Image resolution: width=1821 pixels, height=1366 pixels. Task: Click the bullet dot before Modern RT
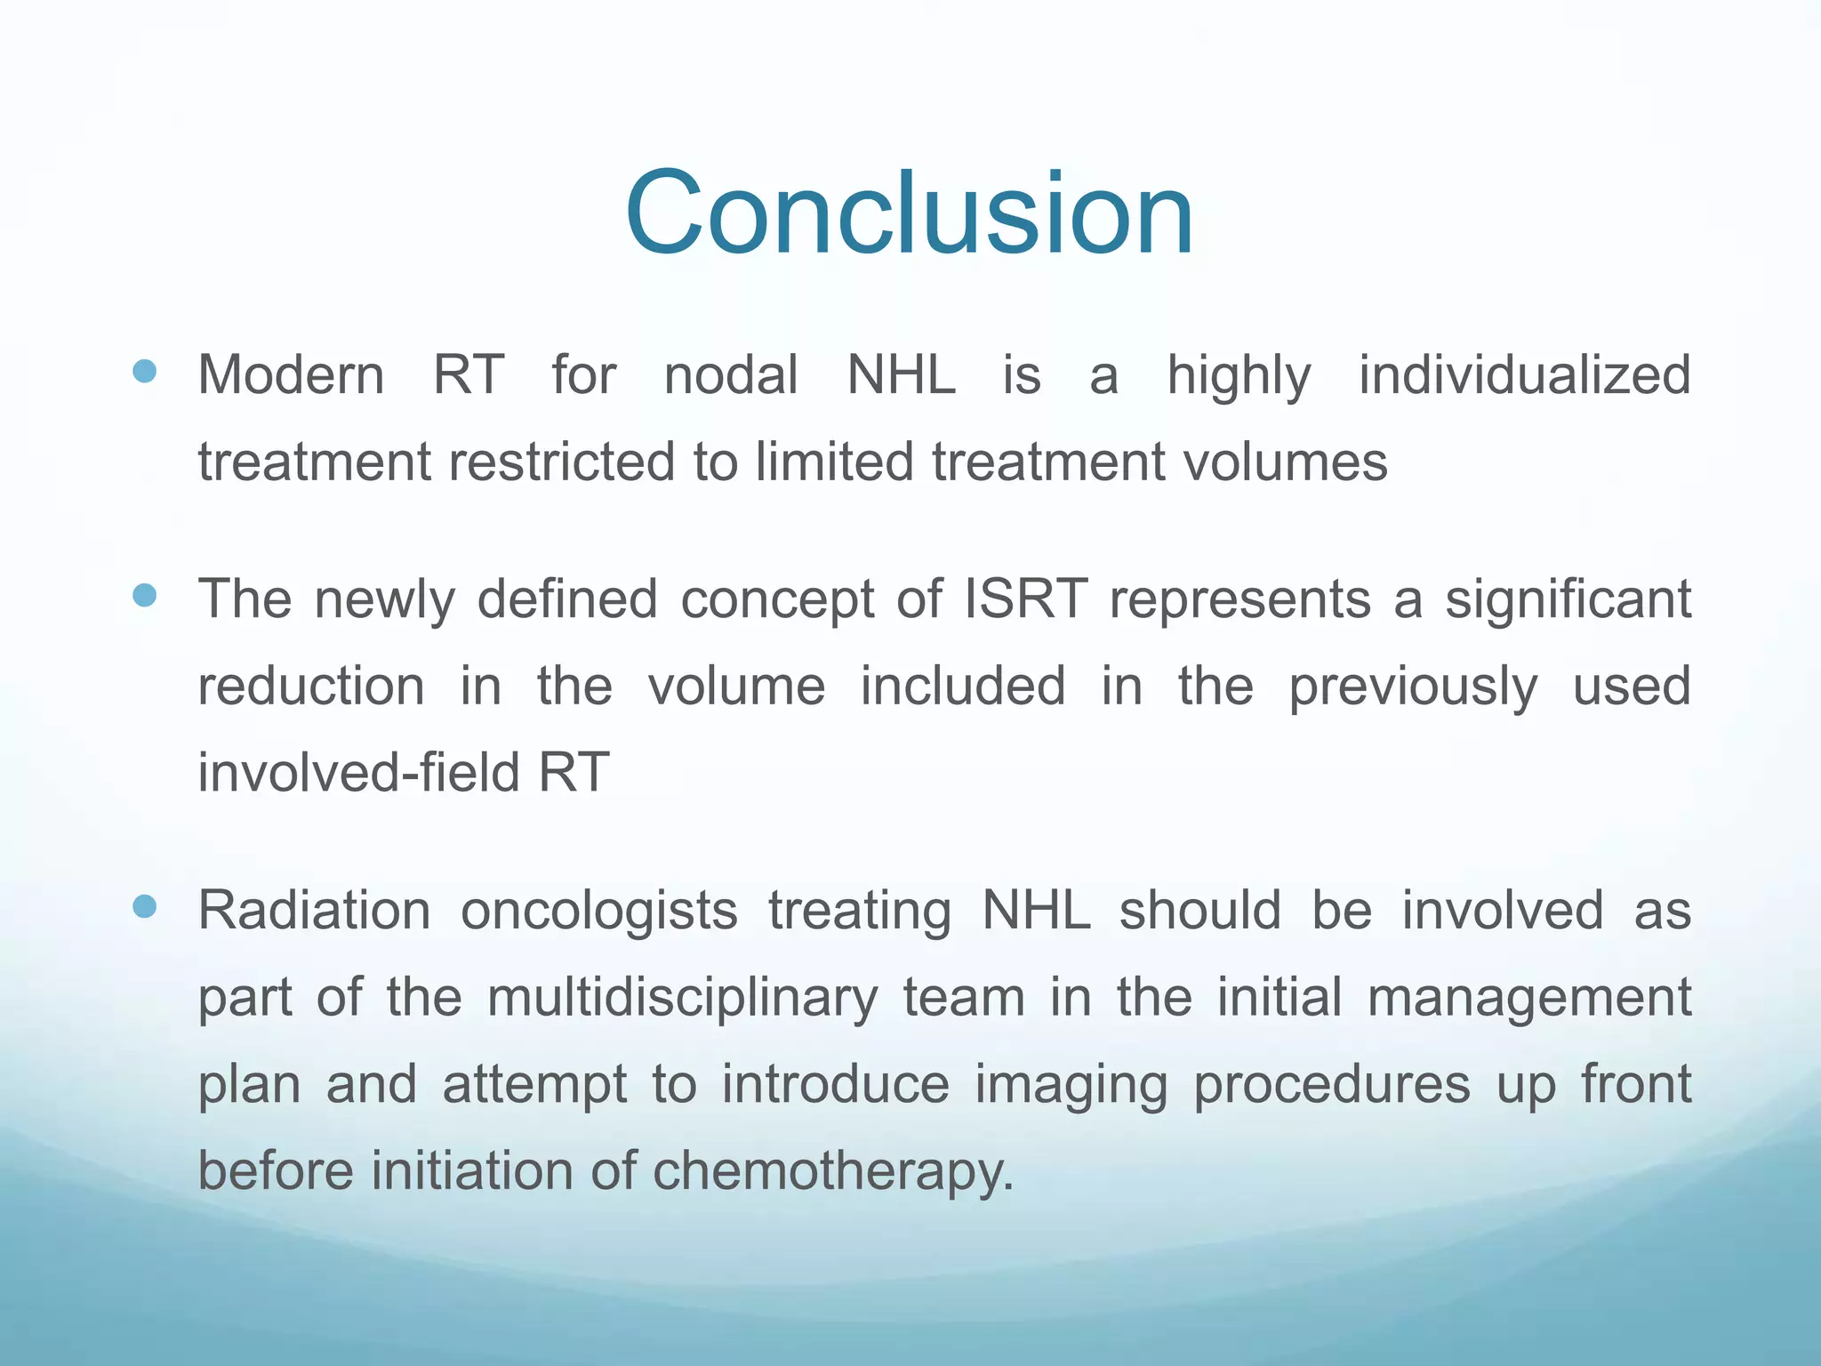click(x=144, y=371)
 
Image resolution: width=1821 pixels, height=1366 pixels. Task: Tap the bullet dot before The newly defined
click(x=144, y=595)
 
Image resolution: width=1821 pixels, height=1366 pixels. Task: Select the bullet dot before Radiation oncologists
click(x=144, y=907)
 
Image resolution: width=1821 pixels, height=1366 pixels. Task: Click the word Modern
click(x=291, y=374)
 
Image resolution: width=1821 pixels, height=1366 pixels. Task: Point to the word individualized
click(x=1524, y=374)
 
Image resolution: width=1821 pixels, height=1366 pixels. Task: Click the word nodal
click(x=731, y=374)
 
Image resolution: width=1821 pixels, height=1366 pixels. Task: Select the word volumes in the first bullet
click(x=1285, y=462)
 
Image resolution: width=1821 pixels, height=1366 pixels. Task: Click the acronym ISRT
click(x=1025, y=599)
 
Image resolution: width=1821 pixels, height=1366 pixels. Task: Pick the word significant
click(x=1568, y=599)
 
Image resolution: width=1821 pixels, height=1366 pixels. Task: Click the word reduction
click(x=311, y=686)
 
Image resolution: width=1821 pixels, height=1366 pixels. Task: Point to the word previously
click(x=1413, y=687)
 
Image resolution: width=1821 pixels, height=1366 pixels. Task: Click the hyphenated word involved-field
click(x=358, y=772)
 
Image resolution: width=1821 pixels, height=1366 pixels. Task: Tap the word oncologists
click(x=598, y=912)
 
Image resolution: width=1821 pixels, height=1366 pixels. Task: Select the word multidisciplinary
click(x=682, y=999)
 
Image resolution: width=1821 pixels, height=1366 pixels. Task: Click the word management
click(x=1528, y=999)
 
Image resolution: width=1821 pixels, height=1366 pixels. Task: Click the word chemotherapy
click(x=832, y=1172)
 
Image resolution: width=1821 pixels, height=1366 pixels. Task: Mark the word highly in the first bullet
click(x=1239, y=376)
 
